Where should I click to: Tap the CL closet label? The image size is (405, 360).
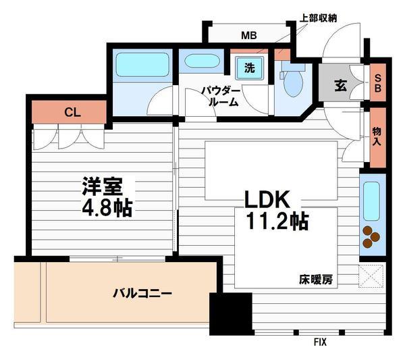(72, 113)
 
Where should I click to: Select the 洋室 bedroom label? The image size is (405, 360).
(98, 185)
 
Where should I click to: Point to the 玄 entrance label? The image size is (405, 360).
(342, 86)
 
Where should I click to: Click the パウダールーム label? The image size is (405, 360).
(220, 96)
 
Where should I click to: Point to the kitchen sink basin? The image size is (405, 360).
(372, 201)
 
